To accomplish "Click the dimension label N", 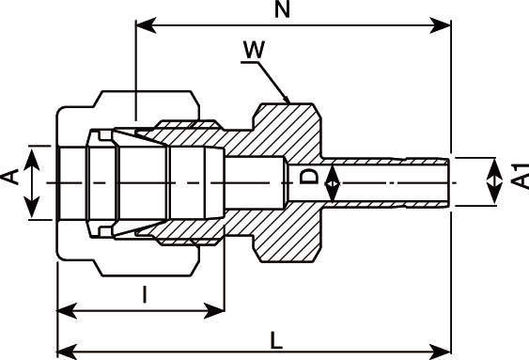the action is pyautogui.click(x=283, y=9).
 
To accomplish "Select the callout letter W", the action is pyautogui.click(x=255, y=50).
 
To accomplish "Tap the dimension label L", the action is pyautogui.click(x=276, y=340).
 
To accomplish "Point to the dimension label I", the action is pyautogui.click(x=145, y=294).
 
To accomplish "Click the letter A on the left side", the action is pyautogui.click(x=10, y=177).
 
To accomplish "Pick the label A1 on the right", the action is pyautogui.click(x=520, y=176).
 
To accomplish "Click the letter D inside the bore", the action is pyautogui.click(x=309, y=177).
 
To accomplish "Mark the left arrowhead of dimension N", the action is pyautogui.click(x=146, y=25).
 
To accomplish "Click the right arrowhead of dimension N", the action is pyautogui.click(x=440, y=25).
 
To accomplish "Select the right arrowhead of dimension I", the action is pyautogui.click(x=214, y=310).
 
